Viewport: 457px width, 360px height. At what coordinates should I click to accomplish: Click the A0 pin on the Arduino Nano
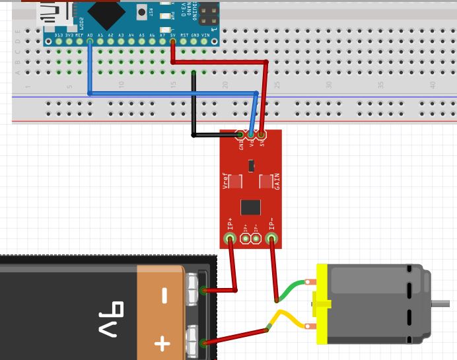pyautogui.click(x=90, y=41)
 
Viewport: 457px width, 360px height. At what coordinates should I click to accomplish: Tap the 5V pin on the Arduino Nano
pyautogui.click(x=173, y=41)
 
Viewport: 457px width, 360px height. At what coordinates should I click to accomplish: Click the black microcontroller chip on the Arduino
pyautogui.click(x=106, y=12)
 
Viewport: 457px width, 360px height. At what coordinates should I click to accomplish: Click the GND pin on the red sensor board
pyautogui.click(x=241, y=136)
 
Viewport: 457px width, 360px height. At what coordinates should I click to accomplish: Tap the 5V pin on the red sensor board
pyautogui.click(x=262, y=136)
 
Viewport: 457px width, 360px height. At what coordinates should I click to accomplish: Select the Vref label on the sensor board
pyautogui.click(x=225, y=181)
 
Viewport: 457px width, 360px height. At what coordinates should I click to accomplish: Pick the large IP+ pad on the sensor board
pyautogui.click(x=230, y=238)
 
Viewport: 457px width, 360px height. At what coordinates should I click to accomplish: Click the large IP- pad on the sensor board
pyautogui.click(x=272, y=238)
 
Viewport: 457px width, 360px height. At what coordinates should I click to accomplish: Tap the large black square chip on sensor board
pyautogui.click(x=250, y=207)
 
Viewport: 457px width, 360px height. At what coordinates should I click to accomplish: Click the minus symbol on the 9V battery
pyautogui.click(x=163, y=295)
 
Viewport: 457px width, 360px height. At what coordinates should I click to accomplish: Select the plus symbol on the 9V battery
pyautogui.click(x=162, y=343)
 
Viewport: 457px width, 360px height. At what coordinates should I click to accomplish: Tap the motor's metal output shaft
pyautogui.click(x=442, y=304)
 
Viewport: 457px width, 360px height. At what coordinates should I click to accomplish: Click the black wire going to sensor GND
pyautogui.click(x=193, y=106)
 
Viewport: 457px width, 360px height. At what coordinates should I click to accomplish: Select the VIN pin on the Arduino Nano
pyautogui.click(x=215, y=41)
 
